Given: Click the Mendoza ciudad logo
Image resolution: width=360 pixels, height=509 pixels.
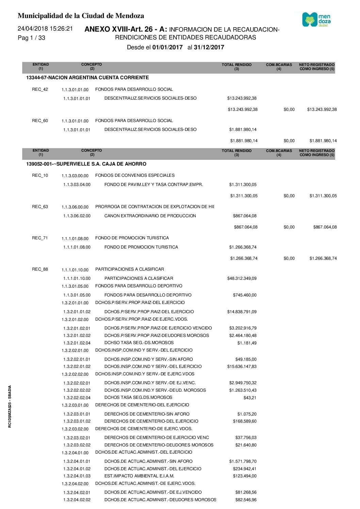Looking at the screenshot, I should click(x=316, y=20).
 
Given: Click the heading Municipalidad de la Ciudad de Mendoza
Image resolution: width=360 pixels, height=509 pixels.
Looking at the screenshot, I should click(x=81, y=16).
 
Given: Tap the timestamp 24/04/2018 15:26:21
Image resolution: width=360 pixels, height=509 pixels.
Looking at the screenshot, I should click(x=45, y=29).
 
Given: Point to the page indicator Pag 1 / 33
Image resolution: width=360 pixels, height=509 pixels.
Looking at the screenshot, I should click(x=31, y=38).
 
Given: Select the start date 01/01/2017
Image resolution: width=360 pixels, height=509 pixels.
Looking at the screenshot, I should click(x=167, y=47).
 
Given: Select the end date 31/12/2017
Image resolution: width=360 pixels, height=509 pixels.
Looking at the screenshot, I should click(x=209, y=47).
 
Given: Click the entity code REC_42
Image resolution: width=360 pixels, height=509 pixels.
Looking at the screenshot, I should click(x=40, y=89).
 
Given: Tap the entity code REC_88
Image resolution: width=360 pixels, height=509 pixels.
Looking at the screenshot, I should click(x=40, y=269).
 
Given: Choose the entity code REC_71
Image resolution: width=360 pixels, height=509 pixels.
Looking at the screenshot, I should click(x=40, y=238).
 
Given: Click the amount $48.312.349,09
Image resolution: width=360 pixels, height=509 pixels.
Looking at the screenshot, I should click(x=242, y=278).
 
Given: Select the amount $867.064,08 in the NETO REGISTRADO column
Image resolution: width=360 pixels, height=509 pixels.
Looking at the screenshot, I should click(x=325, y=227).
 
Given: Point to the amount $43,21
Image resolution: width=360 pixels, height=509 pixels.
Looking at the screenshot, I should click(x=250, y=398).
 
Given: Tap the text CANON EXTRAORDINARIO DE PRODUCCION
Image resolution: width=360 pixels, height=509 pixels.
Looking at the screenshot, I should click(x=150, y=216).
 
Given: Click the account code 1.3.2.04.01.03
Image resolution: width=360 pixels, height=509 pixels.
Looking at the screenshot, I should click(x=77, y=476).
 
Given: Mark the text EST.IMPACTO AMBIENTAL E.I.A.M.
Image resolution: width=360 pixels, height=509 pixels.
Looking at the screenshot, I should click(x=139, y=476).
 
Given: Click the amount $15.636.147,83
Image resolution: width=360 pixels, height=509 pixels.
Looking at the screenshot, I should click(x=242, y=367).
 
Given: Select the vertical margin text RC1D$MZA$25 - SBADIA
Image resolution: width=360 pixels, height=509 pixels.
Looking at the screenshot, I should click(x=10, y=406).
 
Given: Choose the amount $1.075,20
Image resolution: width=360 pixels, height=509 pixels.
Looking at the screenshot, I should click(x=247, y=414).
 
